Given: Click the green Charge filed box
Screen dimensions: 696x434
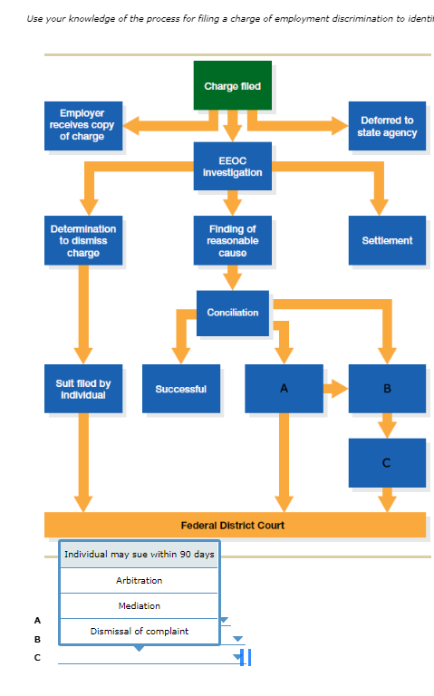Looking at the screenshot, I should tap(232, 86).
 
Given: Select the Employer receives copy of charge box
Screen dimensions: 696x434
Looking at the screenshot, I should tap(82, 125).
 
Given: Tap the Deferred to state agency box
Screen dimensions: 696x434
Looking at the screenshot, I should tap(387, 126).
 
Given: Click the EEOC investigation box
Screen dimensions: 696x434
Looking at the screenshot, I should tap(232, 166).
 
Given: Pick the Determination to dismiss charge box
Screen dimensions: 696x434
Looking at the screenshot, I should tap(82, 241).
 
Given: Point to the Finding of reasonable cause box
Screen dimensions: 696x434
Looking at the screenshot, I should tap(232, 241).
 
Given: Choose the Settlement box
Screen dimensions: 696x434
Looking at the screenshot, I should tap(387, 241).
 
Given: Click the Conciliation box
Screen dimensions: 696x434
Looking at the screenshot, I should tap(232, 313).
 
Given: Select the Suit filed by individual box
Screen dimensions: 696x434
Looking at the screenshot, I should tap(82, 389).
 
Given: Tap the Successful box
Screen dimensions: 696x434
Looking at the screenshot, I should tap(180, 389).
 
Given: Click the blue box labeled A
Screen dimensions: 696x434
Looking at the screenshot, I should tap(284, 389).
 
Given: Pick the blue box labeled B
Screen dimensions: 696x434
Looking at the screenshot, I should tap(387, 389).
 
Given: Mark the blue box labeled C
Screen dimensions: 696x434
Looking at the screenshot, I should tap(387, 463).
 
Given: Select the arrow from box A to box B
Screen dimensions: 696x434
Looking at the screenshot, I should tap(335, 389).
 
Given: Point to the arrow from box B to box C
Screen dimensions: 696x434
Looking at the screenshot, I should tap(387, 425).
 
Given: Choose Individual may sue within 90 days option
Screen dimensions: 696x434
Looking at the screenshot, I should tap(140, 555).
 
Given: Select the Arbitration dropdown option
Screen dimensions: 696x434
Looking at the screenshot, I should tap(140, 580).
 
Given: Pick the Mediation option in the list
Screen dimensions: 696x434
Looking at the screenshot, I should tap(140, 605).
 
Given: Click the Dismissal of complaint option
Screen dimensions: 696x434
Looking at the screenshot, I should tap(140, 631).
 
